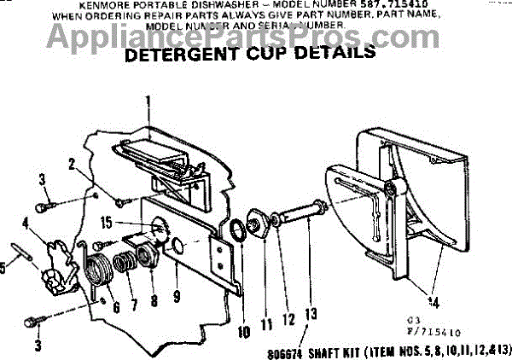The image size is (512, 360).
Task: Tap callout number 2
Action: pyautogui.click(x=73, y=164)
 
